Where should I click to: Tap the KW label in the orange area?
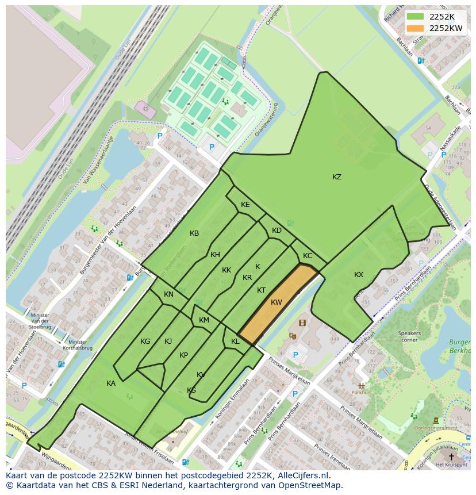tap(277, 302)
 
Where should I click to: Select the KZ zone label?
tap(337, 177)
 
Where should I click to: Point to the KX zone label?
tap(359, 275)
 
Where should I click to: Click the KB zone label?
tap(194, 233)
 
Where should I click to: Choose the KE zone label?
tap(245, 205)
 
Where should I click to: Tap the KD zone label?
tap(277, 231)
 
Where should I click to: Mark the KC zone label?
tap(308, 256)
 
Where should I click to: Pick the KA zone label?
tap(111, 383)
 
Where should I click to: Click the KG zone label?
tap(145, 341)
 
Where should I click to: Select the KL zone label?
tap(235, 341)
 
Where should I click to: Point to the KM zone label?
tap(204, 320)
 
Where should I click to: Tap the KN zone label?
tap(168, 294)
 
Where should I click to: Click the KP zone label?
tap(183, 355)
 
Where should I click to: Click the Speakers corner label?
tap(409, 336)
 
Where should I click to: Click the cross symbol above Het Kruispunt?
tap(451, 456)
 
